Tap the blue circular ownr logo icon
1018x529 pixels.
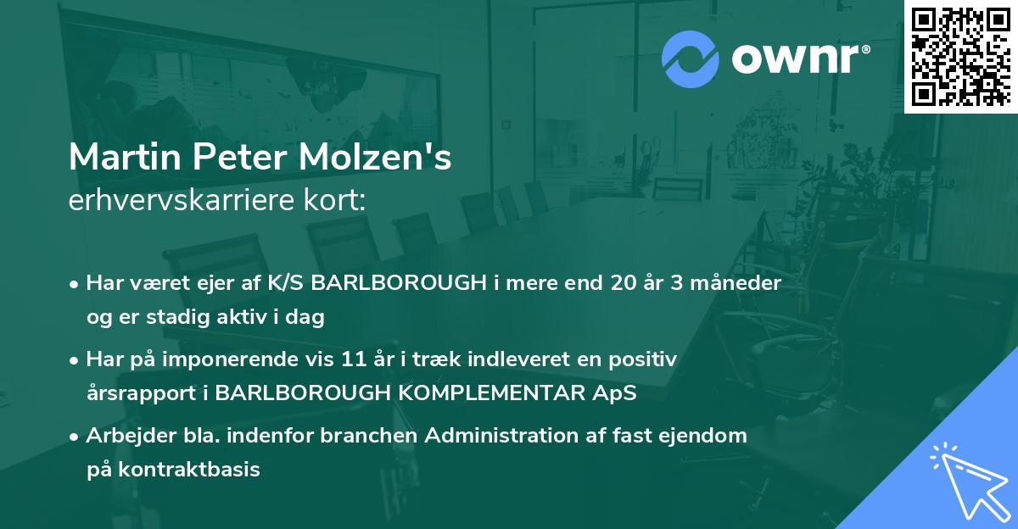pos(690,58)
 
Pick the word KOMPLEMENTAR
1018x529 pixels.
pos(496,393)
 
